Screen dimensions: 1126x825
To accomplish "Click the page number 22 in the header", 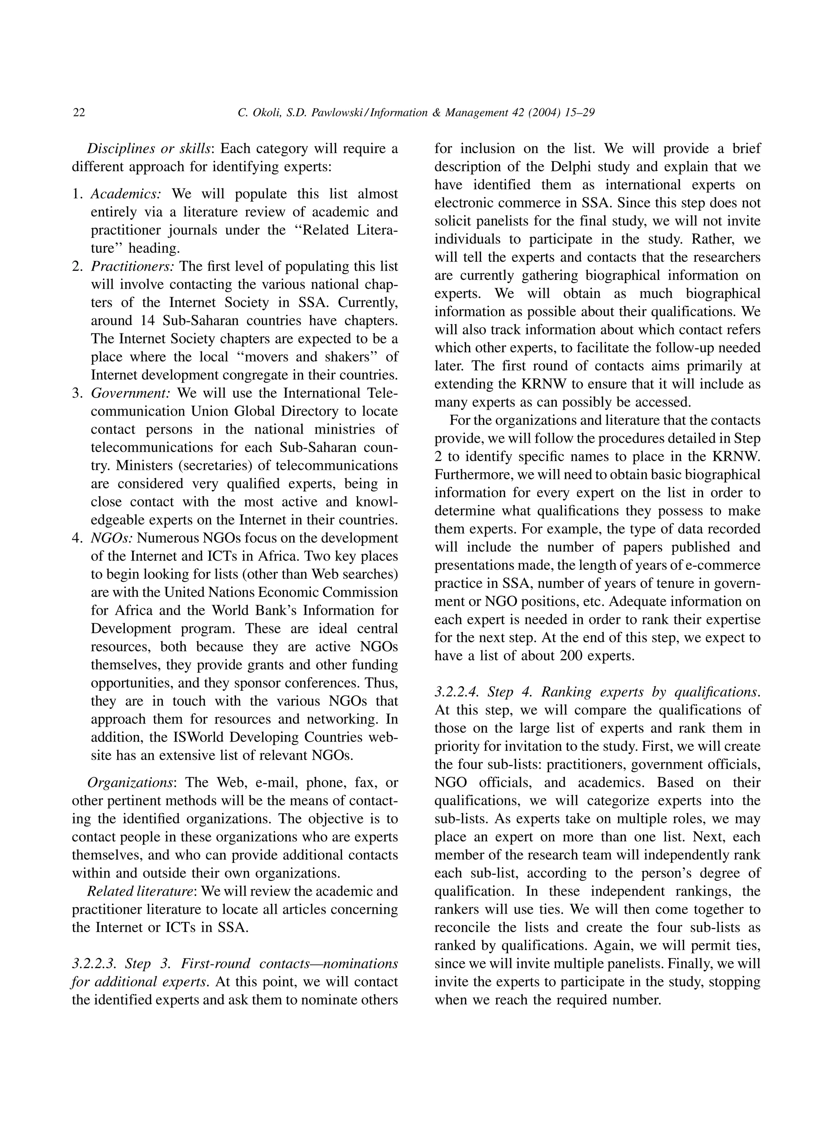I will [79, 113].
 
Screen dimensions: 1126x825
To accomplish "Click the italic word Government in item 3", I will [131, 393].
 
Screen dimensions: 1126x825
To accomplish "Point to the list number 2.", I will [77, 267].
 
